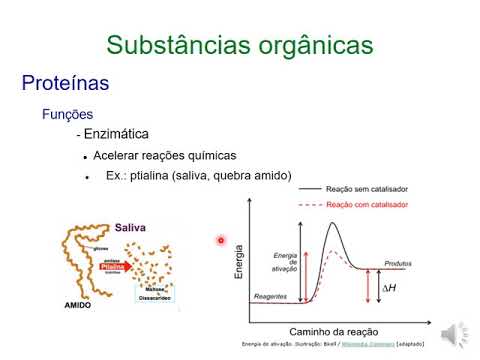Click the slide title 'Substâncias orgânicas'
(240, 45)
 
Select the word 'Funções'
(67, 115)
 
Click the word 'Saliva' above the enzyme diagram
(130, 227)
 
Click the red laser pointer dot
(221, 240)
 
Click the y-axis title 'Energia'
(240, 260)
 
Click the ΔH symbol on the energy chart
(389, 289)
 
